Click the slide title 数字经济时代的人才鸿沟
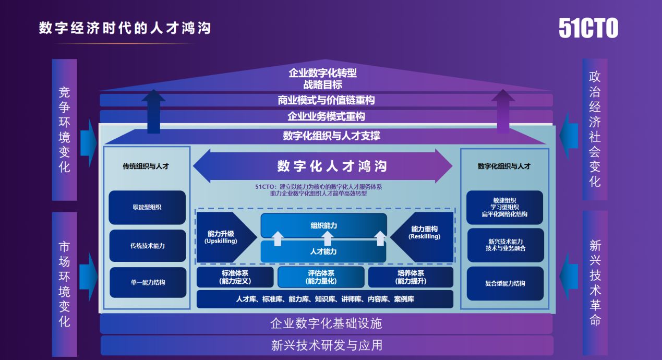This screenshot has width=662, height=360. (125, 28)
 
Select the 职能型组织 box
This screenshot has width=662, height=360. (147, 207)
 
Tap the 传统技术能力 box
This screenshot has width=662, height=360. (147, 245)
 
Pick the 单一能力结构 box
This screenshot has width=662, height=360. (147, 282)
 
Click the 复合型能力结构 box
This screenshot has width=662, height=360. (504, 283)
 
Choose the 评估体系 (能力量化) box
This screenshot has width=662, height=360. (321, 277)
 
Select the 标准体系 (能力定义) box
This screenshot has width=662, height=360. (235, 277)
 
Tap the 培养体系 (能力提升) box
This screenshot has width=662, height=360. (410, 277)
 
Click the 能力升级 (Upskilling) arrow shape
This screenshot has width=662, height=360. (223, 237)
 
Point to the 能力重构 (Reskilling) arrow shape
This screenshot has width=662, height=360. (424, 237)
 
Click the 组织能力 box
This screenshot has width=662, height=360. (323, 225)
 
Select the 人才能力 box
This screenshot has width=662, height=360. (323, 251)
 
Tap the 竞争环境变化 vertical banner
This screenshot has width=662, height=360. (65, 129)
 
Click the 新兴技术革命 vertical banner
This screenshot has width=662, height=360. (595, 283)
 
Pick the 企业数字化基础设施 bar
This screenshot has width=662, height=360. (326, 323)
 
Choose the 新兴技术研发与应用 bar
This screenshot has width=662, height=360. (326, 345)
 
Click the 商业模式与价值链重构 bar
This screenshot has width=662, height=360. (326, 100)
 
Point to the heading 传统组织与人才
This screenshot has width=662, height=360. (146, 166)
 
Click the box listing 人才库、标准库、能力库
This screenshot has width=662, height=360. (324, 299)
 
